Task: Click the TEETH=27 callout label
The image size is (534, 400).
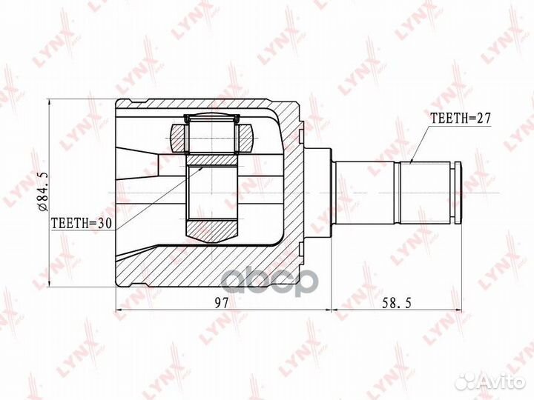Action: point(461,118)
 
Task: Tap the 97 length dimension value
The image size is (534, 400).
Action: point(222,302)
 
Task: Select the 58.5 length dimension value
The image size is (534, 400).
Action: point(396,302)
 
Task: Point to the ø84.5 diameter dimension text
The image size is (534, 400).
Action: point(44,191)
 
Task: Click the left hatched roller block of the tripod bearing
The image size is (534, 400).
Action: point(179,138)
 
